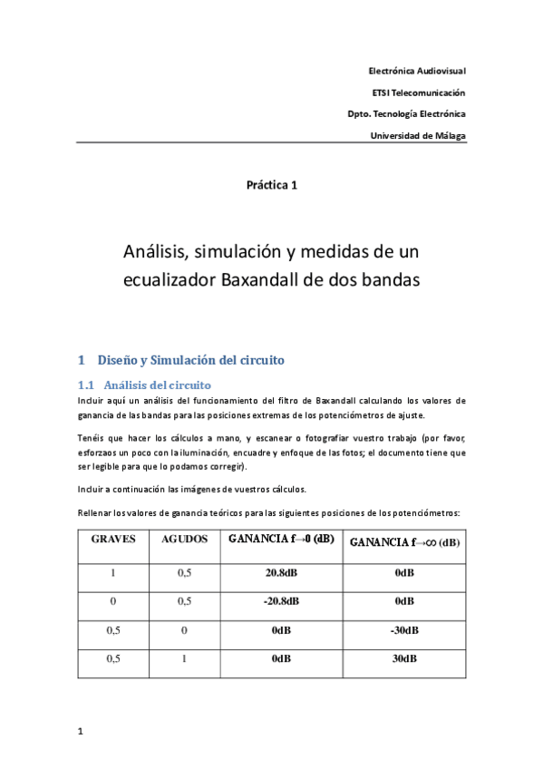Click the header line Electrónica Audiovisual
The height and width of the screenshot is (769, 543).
point(416,70)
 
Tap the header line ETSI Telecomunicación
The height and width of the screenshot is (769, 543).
point(418,92)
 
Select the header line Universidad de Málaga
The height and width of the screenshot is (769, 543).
point(418,135)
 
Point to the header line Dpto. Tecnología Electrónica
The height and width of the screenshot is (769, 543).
point(406,113)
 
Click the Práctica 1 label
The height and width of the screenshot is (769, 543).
point(271,185)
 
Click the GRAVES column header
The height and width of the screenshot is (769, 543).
point(113,539)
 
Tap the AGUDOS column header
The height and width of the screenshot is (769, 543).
point(184,539)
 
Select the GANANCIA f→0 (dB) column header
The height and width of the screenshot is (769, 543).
point(281,539)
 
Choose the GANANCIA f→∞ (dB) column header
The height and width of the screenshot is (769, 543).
point(403,542)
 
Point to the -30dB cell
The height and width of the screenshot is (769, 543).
point(404,630)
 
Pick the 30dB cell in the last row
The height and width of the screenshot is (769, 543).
point(404,659)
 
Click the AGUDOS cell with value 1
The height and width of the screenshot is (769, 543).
point(184,659)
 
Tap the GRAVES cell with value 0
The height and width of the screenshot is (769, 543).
point(113,601)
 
